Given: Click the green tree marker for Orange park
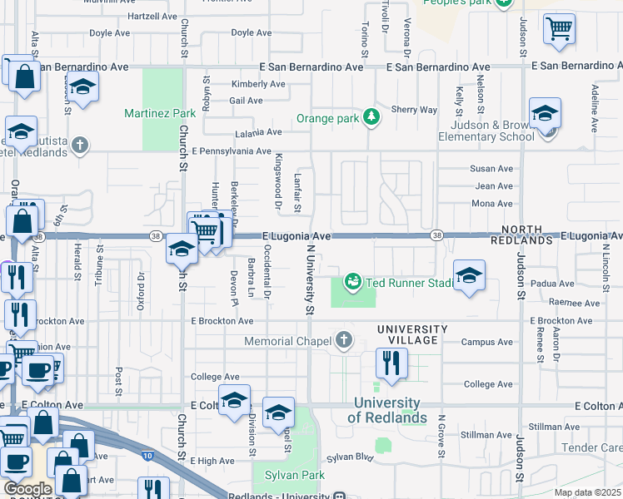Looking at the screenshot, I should [371, 118].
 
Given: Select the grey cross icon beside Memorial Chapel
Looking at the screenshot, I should [342, 340].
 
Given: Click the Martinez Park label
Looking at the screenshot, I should [159, 113].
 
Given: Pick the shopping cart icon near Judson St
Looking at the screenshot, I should [559, 29].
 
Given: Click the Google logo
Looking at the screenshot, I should [27, 489].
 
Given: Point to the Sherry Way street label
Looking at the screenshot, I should [414, 110].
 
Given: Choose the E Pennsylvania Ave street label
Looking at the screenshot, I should [232, 151].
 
